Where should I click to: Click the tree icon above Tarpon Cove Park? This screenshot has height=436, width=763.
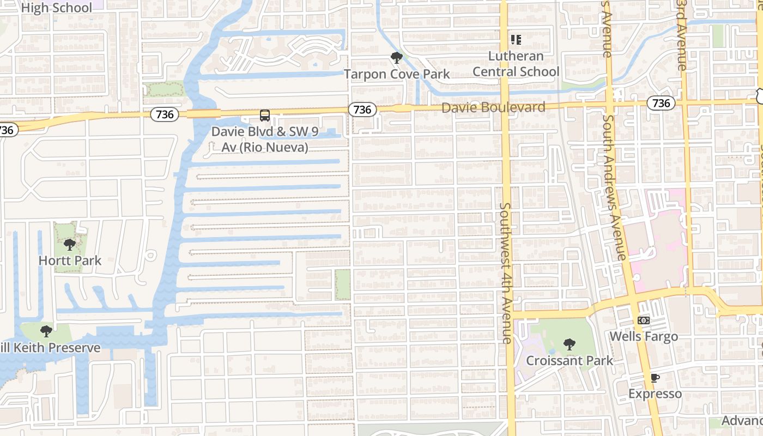pyautogui.click(x=396, y=57)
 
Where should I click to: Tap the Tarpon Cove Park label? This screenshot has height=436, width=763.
pyautogui.click(x=396, y=74)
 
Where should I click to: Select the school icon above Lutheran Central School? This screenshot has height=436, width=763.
pyautogui.click(x=516, y=40)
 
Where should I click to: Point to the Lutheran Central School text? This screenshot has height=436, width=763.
pyautogui.click(x=516, y=64)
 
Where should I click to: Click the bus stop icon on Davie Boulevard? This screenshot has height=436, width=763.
pyautogui.click(x=265, y=116)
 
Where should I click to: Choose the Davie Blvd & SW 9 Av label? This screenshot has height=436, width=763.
pyautogui.click(x=265, y=139)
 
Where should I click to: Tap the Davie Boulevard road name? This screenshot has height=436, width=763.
pyautogui.click(x=493, y=107)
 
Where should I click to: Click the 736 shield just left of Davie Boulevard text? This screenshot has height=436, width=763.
pyautogui.click(x=362, y=110)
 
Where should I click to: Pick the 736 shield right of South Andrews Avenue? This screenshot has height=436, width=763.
pyautogui.click(x=661, y=102)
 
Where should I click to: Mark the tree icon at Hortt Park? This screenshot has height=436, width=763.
pyautogui.click(x=69, y=245)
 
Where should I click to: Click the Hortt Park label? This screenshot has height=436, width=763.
pyautogui.click(x=70, y=261)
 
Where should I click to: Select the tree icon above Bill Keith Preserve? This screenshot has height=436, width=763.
pyautogui.click(x=46, y=331)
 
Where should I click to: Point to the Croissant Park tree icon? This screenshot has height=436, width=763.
pyautogui.click(x=570, y=344)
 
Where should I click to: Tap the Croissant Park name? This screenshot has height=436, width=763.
pyautogui.click(x=570, y=361)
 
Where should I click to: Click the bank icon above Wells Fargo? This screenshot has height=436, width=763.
pyautogui.click(x=644, y=320)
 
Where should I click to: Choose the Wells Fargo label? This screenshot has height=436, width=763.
pyautogui.click(x=644, y=336)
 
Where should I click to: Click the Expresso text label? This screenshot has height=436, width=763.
pyautogui.click(x=655, y=393)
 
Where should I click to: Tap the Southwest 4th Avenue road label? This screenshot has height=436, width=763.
pyautogui.click(x=506, y=272)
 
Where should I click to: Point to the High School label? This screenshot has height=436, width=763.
pyautogui.click(x=56, y=8)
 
